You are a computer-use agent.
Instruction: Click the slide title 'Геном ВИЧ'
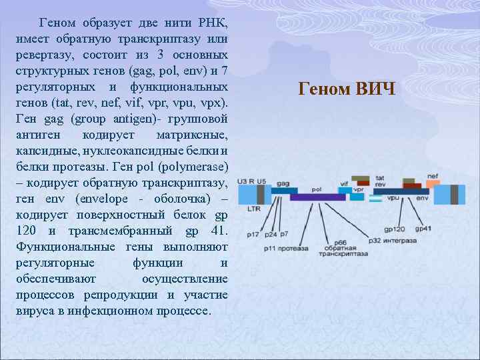pos(347,89)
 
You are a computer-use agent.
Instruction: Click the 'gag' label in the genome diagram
pos(283,183)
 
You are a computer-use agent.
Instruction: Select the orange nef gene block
pos(433,184)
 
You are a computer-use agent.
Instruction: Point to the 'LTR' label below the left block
pos(253,209)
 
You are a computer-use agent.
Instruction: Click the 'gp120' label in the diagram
pos(394,229)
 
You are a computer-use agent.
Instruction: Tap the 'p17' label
pos(253,235)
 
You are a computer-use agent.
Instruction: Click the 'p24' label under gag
pos(271,235)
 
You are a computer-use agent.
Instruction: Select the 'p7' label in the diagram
pos(284,234)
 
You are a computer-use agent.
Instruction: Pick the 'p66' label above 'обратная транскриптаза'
pos(340,242)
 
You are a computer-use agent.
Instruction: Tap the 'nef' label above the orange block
pos(433,176)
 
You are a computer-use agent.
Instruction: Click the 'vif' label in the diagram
pos(344,183)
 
